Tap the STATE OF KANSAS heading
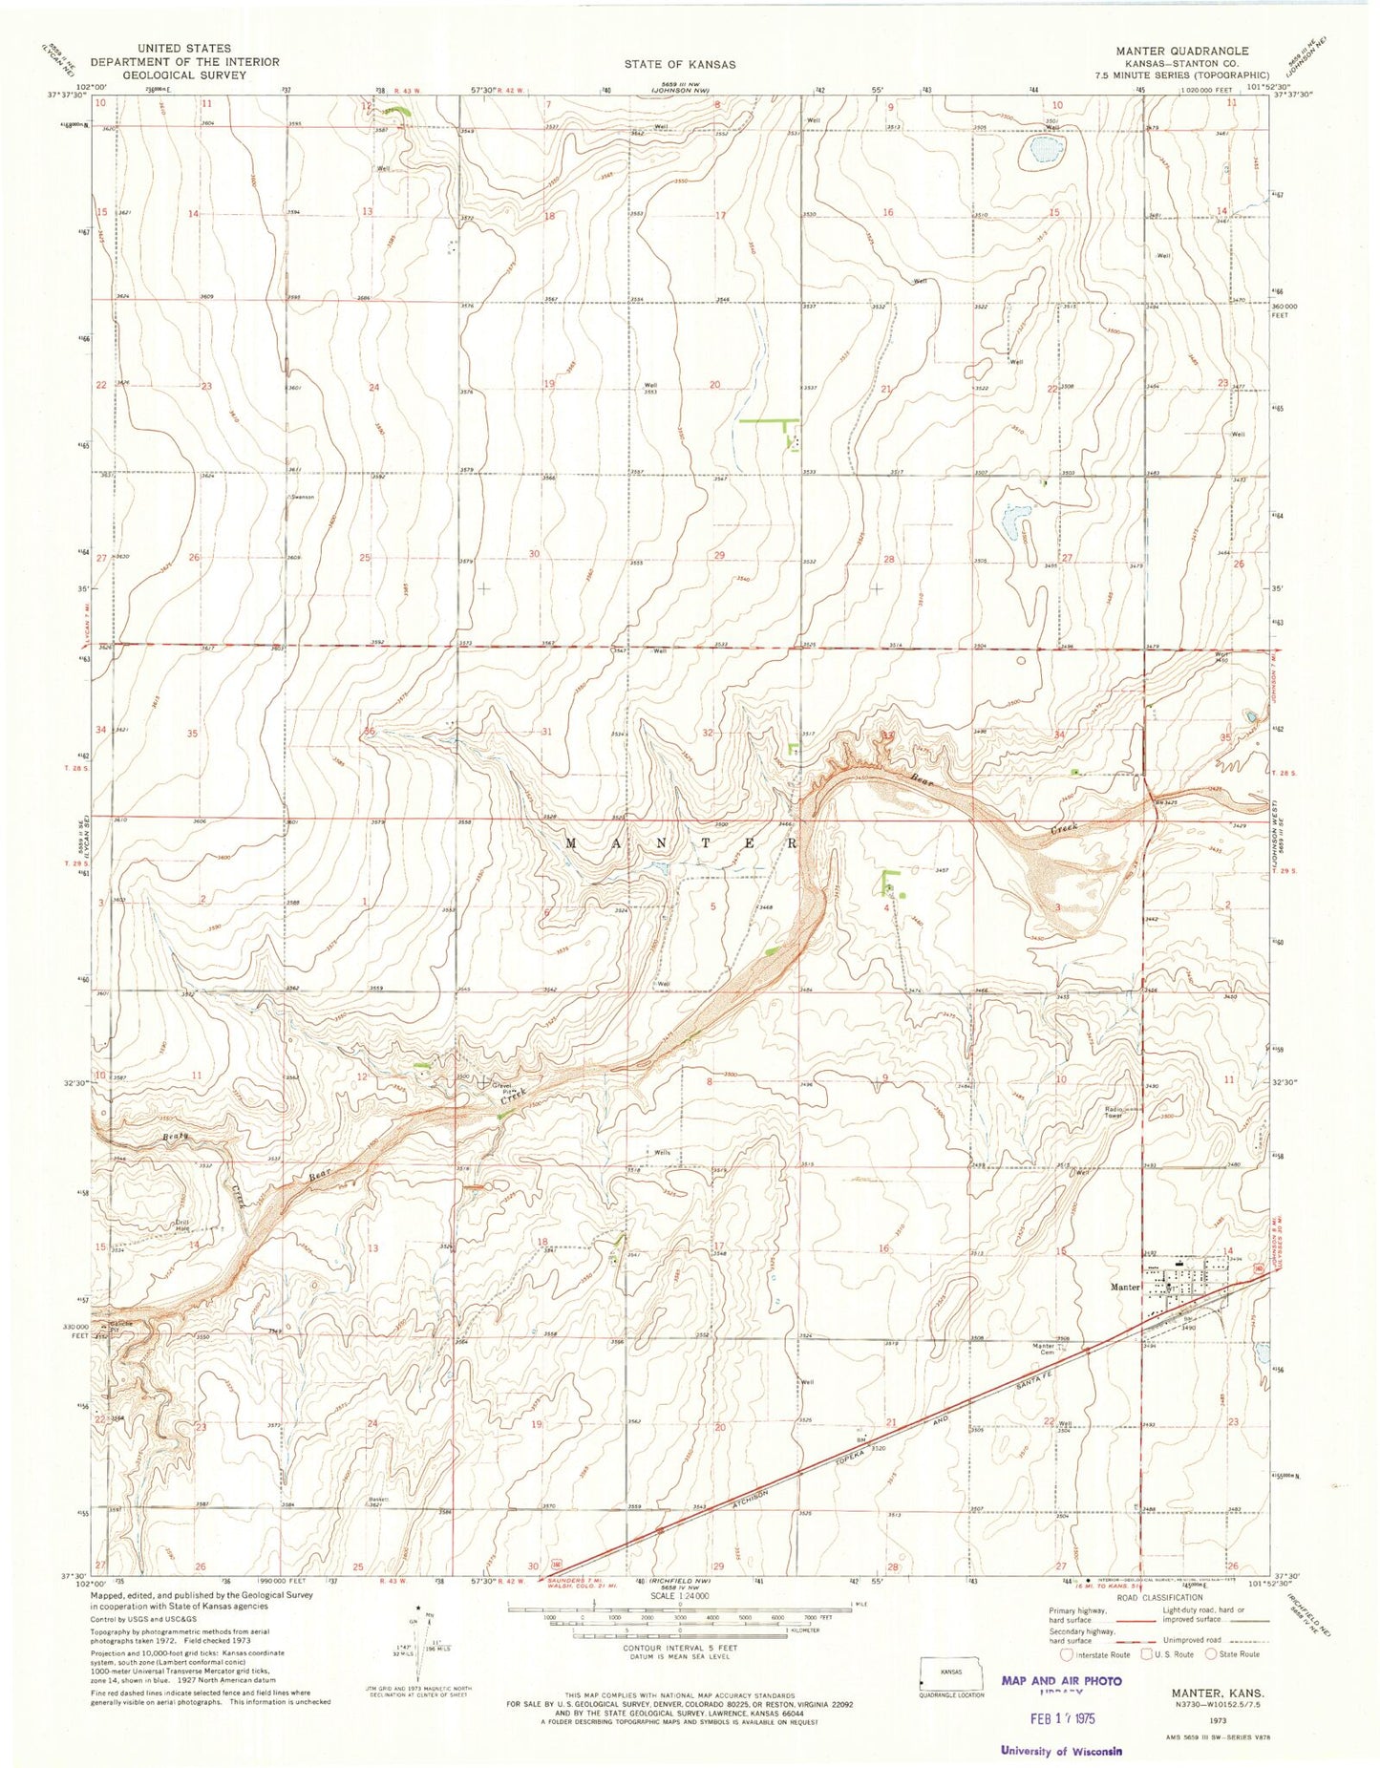pos(680,64)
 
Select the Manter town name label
pos(1126,1287)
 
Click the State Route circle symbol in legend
pos(1213,1654)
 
